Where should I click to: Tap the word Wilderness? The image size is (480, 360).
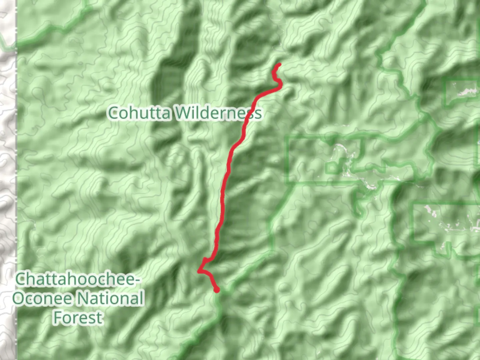(218, 113)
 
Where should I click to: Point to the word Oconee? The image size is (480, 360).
(41, 298)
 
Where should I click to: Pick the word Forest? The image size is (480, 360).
(78, 317)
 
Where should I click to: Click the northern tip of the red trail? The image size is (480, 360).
(279, 65)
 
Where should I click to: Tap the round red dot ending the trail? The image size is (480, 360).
(217, 290)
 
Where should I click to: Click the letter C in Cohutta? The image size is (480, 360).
(113, 113)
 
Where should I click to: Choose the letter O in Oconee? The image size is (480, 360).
(19, 298)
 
